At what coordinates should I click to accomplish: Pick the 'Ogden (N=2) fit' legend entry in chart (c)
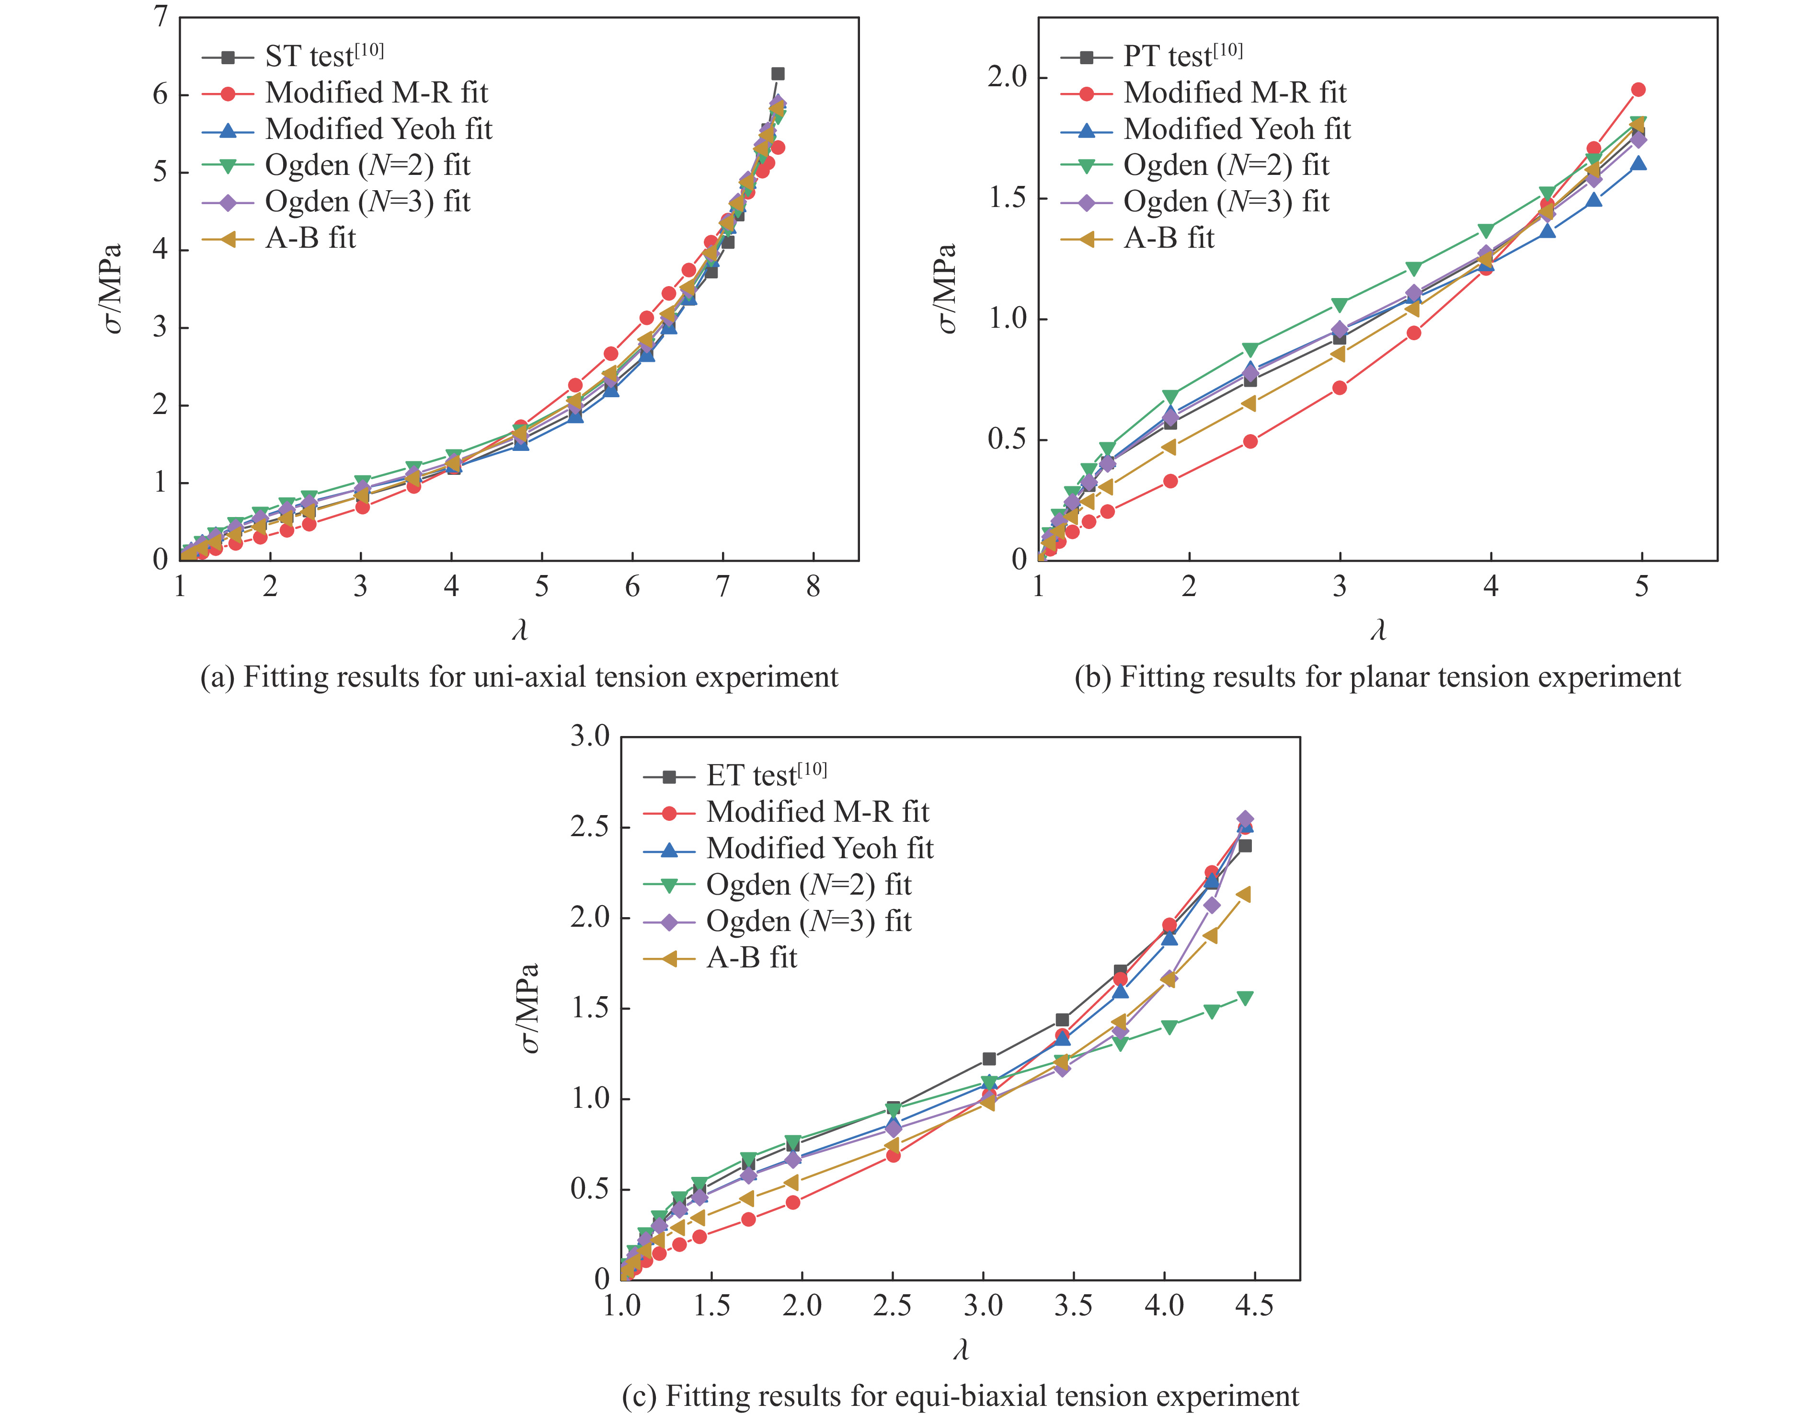(809, 885)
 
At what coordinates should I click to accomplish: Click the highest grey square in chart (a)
(778, 74)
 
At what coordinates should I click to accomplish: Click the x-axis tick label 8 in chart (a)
(813, 587)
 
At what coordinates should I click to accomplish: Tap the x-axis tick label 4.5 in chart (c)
(1254, 1306)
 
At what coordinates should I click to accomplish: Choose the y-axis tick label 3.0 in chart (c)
(590, 736)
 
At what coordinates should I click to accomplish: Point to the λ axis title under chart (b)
(1378, 631)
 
